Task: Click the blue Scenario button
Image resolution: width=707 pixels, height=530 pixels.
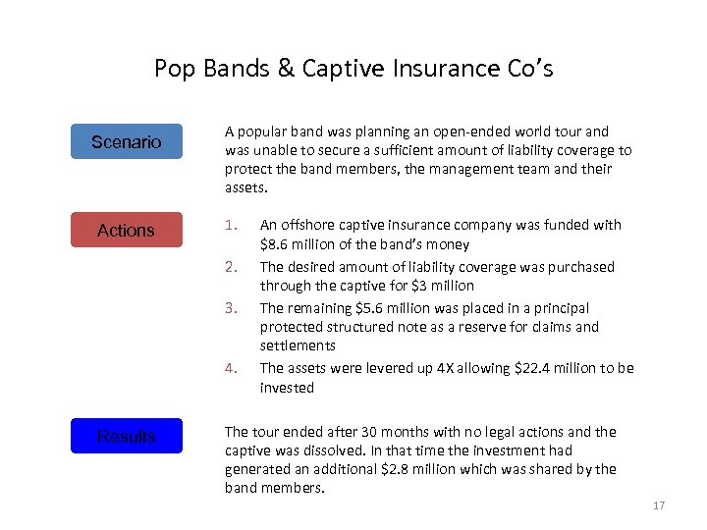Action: coord(127,141)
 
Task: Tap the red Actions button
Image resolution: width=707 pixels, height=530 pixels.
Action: coord(127,230)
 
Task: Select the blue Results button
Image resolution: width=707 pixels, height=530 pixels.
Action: coord(127,436)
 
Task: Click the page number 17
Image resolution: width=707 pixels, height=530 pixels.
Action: coord(658,505)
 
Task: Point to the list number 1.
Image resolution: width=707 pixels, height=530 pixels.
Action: coord(230,225)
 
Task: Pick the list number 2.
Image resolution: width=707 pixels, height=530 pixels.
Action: coord(230,267)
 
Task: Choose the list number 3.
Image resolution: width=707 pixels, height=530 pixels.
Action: coord(230,308)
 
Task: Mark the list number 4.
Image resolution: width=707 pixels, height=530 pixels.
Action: coord(230,368)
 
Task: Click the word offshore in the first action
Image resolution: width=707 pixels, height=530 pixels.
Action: coord(307,225)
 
